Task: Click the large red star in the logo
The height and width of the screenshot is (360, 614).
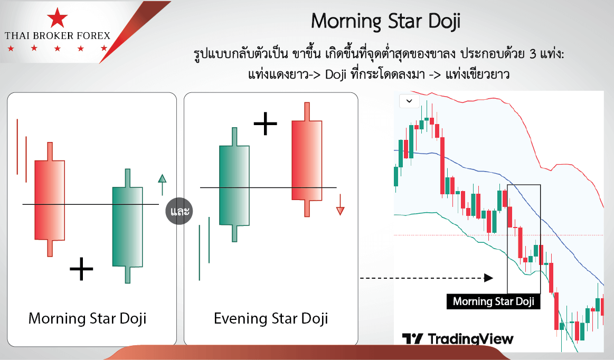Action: click(57, 18)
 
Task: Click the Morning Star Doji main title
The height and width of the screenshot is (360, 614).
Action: click(386, 22)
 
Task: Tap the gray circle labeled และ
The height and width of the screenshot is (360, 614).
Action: click(180, 211)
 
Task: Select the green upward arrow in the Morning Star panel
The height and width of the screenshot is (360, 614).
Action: click(162, 185)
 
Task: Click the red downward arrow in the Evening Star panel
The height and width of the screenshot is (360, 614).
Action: click(341, 204)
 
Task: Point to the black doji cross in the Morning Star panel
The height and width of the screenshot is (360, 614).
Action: click(81, 269)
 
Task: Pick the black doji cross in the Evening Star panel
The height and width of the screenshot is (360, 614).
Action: click(266, 124)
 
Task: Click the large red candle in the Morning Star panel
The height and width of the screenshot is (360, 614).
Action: click(50, 200)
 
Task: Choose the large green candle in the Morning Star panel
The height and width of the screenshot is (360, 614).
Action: click(127, 226)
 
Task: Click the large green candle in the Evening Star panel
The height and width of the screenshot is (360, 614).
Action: click(234, 185)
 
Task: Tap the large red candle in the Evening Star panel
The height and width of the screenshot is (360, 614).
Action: click(307, 159)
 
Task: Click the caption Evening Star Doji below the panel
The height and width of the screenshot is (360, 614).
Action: click(271, 318)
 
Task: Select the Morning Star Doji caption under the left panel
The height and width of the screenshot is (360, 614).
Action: click(87, 318)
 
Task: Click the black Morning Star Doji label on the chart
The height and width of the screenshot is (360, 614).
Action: click(494, 301)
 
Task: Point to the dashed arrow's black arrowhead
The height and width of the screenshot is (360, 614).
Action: click(489, 278)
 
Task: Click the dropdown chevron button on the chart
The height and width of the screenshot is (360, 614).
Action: click(409, 101)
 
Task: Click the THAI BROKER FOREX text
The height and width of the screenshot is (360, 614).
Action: click(58, 36)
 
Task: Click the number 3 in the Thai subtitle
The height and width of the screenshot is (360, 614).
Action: click(533, 54)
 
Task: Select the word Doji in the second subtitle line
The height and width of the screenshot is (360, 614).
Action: click(336, 74)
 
